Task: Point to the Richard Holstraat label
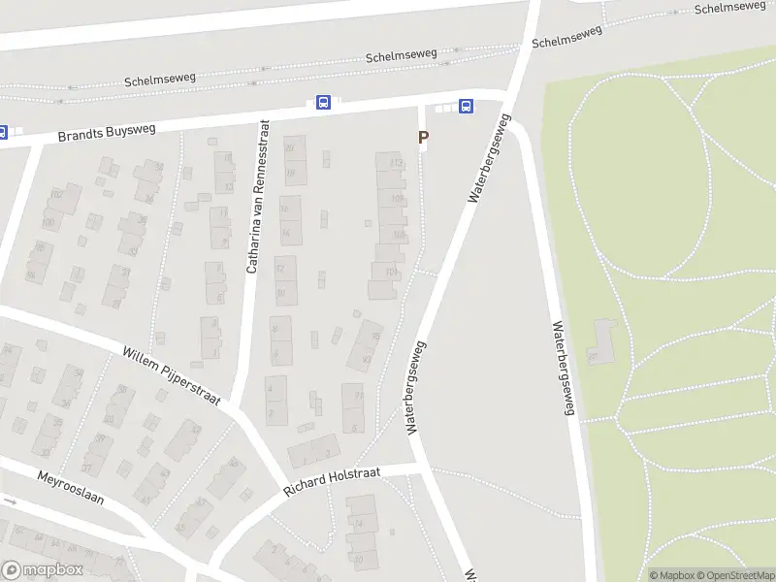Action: click(332, 480)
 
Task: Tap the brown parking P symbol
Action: click(423, 138)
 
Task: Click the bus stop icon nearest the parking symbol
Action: click(467, 107)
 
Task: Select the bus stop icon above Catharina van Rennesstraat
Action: click(323, 103)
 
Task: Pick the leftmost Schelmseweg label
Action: click(159, 78)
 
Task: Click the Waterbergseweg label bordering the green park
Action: click(563, 369)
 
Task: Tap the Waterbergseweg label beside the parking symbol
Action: click(488, 158)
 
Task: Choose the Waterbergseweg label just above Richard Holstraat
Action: click(416, 386)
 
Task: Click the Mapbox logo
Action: click(42, 570)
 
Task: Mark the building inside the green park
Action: click(601, 342)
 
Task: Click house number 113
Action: click(396, 163)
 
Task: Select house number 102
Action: click(55, 195)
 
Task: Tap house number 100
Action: click(48, 223)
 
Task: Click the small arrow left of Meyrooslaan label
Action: click(11, 501)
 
